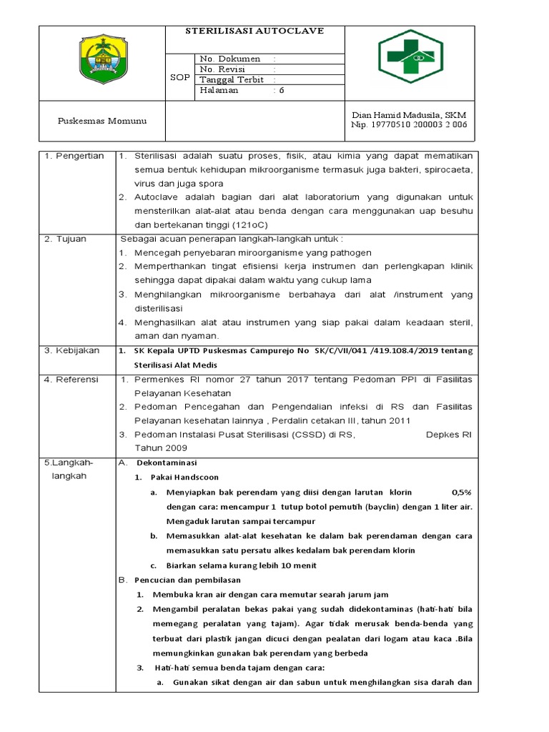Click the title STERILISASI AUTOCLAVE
click(254, 31)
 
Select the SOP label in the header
click(179, 76)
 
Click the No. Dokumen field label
click(230, 59)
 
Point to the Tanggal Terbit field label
click(236, 80)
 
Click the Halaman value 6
click(282, 91)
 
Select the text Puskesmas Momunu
click(102, 121)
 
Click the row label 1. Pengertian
click(74, 156)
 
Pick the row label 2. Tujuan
click(66, 239)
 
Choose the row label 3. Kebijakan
click(72, 350)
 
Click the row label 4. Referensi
click(72, 379)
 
